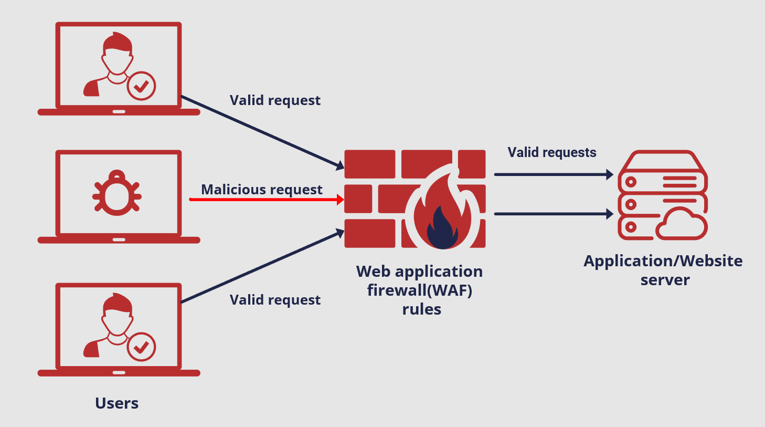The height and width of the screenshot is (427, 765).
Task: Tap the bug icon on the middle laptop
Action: pyautogui.click(x=117, y=194)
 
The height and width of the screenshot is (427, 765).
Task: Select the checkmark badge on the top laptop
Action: pyautogui.click(x=141, y=86)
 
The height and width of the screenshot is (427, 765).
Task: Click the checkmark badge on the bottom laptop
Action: pyautogui.click(x=141, y=347)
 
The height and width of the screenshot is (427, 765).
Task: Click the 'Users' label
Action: pyautogui.click(x=117, y=403)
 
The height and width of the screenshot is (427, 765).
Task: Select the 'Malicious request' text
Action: pyautogui.click(x=262, y=189)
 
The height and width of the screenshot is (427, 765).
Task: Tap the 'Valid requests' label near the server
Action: pyautogui.click(x=551, y=152)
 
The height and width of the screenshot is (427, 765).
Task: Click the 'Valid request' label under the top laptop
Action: pyautogui.click(x=275, y=100)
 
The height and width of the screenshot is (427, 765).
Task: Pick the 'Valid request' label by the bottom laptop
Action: pyautogui.click(x=275, y=300)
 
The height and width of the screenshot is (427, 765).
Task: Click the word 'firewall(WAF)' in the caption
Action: pyautogui.click(x=420, y=290)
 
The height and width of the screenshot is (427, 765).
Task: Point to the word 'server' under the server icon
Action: pyautogui.click(x=665, y=280)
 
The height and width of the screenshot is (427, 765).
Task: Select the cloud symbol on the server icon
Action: pyautogui.click(x=681, y=224)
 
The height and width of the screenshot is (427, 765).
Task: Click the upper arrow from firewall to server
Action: pyautogui.click(x=553, y=174)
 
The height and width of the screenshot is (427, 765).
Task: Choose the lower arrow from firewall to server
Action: pyautogui.click(x=553, y=214)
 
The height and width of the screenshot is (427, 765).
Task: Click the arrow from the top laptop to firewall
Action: pyautogui.click(x=262, y=132)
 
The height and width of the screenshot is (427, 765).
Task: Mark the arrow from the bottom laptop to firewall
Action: pyautogui.click(x=262, y=266)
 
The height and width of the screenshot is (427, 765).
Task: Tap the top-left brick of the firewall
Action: pyautogui.click(x=369, y=164)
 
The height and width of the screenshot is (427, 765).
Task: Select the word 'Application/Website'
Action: pyautogui.click(x=663, y=261)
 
